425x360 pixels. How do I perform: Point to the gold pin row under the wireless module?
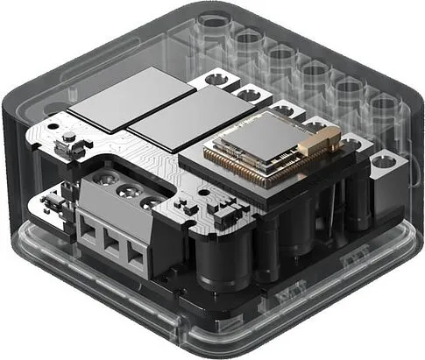[250, 176]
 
